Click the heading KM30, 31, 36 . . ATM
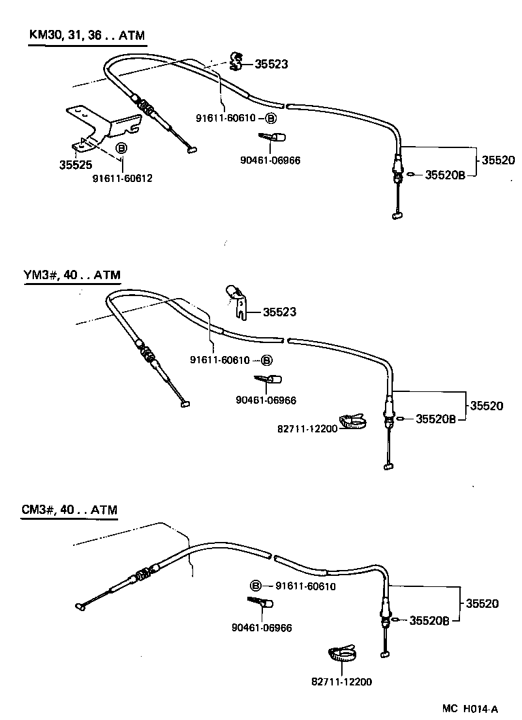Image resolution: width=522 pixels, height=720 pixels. click(x=88, y=36)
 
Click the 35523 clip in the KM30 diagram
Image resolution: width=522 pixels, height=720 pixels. click(x=237, y=61)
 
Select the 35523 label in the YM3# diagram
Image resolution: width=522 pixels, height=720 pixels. click(x=279, y=312)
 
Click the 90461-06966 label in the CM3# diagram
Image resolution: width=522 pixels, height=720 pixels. click(x=261, y=628)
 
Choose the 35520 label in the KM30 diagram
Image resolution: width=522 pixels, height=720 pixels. click(x=499, y=160)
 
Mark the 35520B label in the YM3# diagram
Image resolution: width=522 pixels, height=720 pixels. click(x=436, y=419)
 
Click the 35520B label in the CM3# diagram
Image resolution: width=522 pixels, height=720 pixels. click(x=429, y=621)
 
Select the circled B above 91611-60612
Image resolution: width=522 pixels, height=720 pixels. click(x=121, y=149)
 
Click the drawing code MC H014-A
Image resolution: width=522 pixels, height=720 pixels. click(x=470, y=709)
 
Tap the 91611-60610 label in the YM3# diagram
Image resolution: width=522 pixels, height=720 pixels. click(x=220, y=360)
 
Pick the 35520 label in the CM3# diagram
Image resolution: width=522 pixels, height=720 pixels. click(x=482, y=604)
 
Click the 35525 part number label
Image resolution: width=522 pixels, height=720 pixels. click(x=74, y=166)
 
